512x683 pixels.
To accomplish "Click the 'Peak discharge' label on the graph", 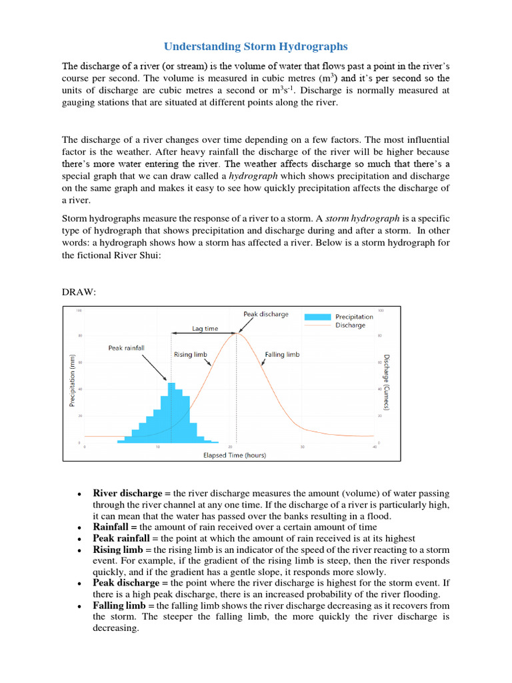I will coord(266,314).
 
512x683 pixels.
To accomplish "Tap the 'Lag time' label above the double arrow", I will coord(205,328).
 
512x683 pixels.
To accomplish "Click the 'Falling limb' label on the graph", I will coord(282,355).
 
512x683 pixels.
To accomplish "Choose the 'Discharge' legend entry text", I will coord(350,325).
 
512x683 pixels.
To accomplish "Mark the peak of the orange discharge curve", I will coord(236,333).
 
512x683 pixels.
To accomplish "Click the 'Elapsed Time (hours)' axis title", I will coord(234,456).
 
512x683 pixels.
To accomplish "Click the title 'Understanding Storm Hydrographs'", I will coord(256,47).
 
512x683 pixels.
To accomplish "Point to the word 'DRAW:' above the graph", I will coord(79,291).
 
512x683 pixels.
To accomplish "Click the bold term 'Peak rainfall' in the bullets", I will coord(121,538).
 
